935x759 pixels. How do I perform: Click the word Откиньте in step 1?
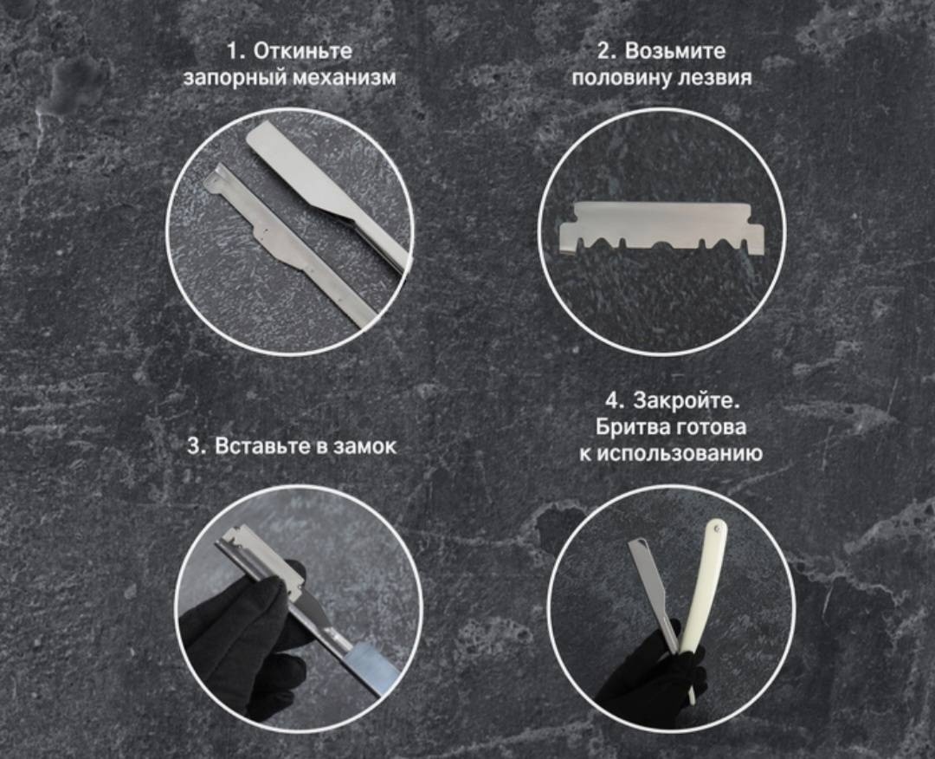(303, 51)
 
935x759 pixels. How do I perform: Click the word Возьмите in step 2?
(675, 51)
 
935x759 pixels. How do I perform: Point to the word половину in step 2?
(620, 78)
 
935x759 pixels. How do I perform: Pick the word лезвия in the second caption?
(713, 78)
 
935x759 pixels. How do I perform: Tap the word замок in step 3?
(364, 446)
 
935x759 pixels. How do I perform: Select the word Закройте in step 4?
(686, 399)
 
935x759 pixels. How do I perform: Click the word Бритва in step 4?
(632, 426)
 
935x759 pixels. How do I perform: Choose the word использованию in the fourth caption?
(680, 454)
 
